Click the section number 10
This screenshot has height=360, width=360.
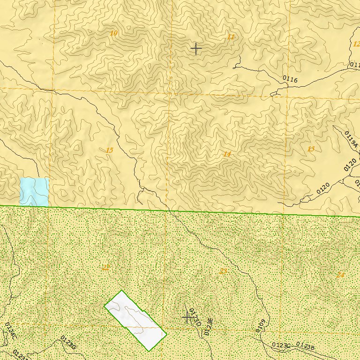[114, 33]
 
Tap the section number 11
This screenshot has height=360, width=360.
[230, 37]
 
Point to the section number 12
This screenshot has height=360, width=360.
[356, 44]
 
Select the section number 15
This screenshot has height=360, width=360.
[109, 150]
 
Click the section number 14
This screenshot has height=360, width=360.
[227, 154]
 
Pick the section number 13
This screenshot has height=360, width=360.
[311, 149]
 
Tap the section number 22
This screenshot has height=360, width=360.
[105, 268]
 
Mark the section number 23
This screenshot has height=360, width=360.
[223, 271]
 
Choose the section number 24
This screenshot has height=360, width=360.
[340, 275]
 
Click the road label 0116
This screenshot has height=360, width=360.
[290, 80]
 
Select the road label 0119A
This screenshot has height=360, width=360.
[351, 140]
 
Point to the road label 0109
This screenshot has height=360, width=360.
[261, 325]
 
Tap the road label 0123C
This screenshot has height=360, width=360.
[282, 345]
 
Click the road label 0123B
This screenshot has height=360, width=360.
[305, 346]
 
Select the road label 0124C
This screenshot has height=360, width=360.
[10, 330]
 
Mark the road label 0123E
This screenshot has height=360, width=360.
[209, 327]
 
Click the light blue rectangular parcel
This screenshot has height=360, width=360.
[34, 192]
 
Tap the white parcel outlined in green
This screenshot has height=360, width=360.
[135, 320]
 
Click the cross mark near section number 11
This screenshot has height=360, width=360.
[196, 48]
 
